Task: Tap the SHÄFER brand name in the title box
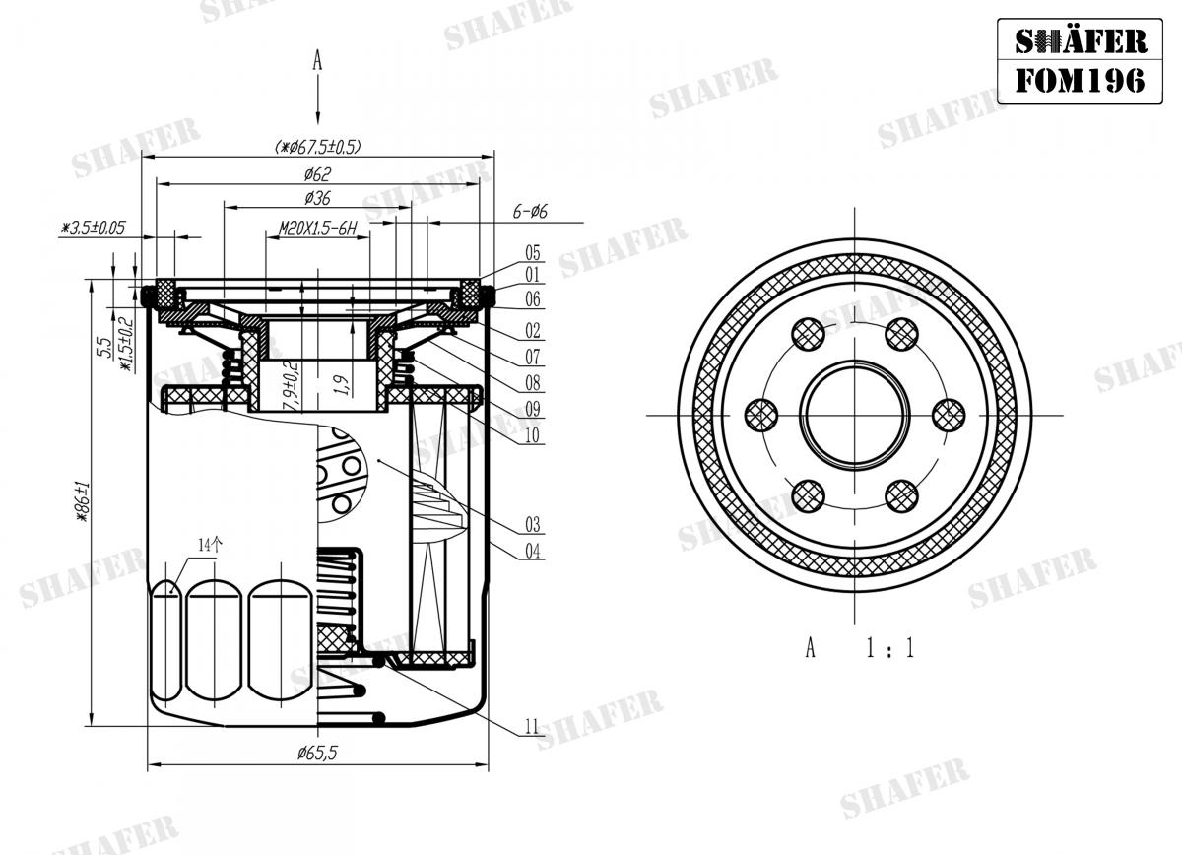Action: [1080, 40]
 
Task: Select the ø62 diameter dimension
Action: [316, 174]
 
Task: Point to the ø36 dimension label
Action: [316, 198]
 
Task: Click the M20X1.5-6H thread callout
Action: [316, 229]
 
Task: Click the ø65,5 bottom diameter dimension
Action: [317, 754]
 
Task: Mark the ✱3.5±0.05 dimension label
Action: [94, 228]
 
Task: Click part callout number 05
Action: [533, 252]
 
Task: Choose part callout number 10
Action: [533, 434]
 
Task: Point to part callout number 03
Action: [533, 524]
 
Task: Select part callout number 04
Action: [533, 552]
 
